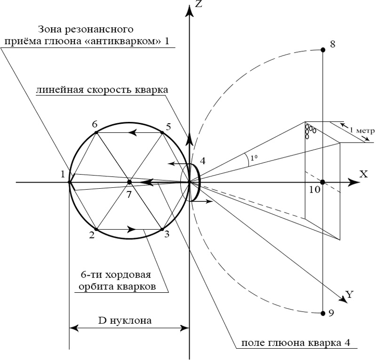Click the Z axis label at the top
199,5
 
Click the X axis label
363,174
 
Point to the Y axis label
349,295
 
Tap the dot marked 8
322,50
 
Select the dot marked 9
322,313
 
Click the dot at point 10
322,182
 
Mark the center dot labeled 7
129,182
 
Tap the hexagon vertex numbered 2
96,230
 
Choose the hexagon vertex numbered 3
162,230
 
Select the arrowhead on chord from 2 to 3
132,230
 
